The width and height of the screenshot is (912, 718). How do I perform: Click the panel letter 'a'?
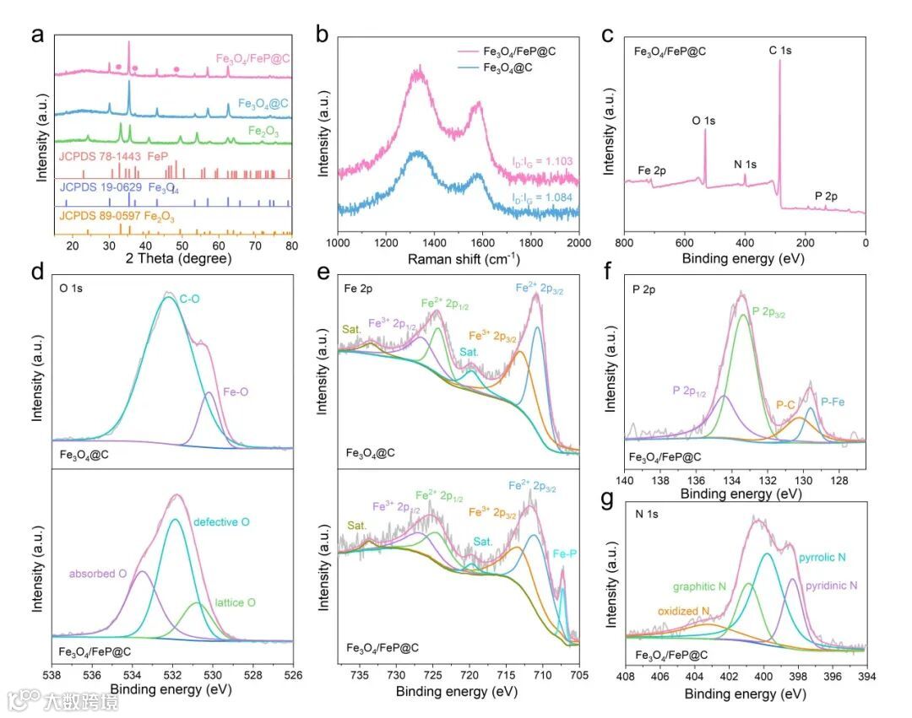[36, 35]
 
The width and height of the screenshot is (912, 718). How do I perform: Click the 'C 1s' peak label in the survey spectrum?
[779, 51]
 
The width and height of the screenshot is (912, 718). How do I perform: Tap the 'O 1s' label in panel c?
[703, 121]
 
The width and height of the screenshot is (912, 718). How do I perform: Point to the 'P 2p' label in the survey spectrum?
[826, 197]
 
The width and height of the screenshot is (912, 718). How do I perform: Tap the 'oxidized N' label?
[684, 611]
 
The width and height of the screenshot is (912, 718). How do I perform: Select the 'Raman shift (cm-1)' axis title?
[458, 260]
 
